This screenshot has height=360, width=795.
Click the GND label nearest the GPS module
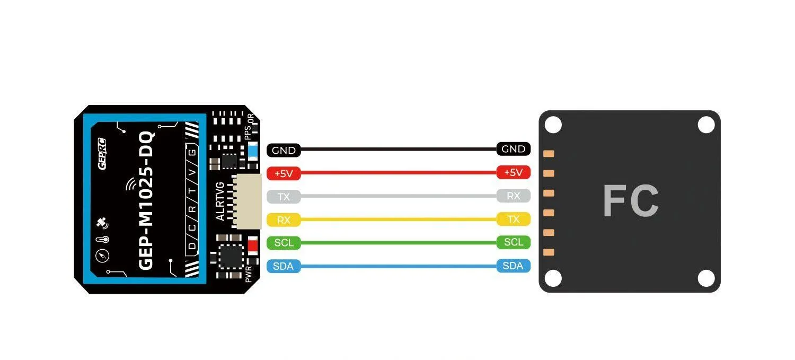284,151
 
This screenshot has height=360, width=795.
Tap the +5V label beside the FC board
513,172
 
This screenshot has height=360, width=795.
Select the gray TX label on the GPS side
284,197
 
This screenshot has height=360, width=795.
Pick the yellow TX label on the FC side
513,219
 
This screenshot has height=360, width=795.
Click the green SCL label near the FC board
513,242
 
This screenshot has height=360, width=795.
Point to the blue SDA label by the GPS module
284,266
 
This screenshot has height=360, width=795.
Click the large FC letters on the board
631,201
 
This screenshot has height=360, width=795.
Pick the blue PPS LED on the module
253,151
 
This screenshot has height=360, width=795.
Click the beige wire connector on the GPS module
249,201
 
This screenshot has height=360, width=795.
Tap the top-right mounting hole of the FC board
706,125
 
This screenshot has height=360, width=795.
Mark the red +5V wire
397,172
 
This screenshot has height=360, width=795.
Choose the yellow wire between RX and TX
397,219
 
